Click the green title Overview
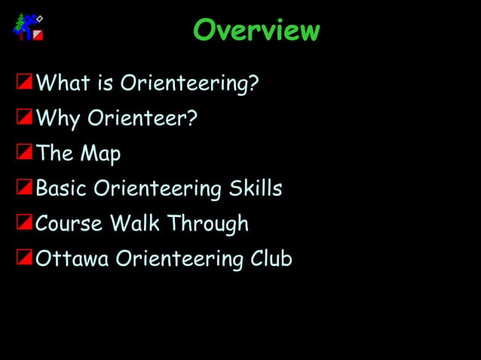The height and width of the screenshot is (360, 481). tap(256, 30)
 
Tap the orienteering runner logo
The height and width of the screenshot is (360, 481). tap(29, 27)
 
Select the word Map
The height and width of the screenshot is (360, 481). tap(100, 154)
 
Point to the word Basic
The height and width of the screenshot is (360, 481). tap(62, 188)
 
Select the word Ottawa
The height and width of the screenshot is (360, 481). tap(72, 259)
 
